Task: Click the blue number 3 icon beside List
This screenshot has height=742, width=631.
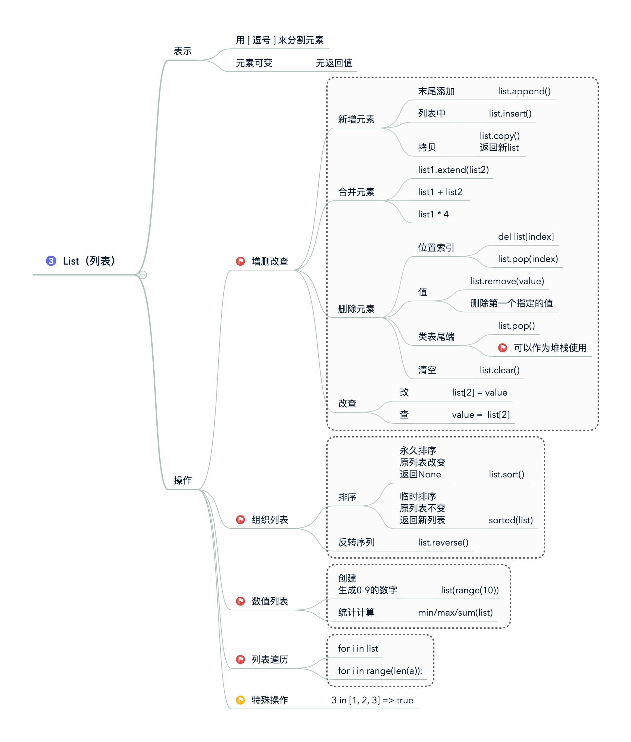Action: tap(51, 261)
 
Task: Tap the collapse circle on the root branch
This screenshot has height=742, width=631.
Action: tap(143, 275)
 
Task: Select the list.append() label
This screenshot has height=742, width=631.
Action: tap(524, 91)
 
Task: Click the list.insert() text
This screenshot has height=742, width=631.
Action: tap(510, 113)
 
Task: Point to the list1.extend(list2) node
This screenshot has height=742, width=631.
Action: tap(453, 170)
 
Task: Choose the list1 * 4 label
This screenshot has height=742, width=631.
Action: tap(433, 214)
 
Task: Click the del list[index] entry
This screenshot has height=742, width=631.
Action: tap(526, 236)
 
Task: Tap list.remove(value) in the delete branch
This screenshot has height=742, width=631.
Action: tap(507, 281)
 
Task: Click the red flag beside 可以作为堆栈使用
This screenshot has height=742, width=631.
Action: tap(502, 347)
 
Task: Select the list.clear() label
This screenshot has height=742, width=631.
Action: tap(499, 370)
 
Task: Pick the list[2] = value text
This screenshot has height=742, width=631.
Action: tap(479, 392)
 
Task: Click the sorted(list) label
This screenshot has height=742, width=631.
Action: tap(510, 520)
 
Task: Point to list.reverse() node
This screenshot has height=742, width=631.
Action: tap(443, 542)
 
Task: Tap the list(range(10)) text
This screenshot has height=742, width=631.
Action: tap(470, 590)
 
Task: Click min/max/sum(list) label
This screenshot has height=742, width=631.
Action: tap(455, 612)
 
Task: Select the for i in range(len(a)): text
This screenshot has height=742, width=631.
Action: tap(380, 671)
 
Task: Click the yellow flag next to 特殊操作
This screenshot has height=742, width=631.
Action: tap(240, 700)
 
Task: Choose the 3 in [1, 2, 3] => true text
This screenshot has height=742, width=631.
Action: tap(372, 700)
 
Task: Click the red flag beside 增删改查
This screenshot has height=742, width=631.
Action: tap(240, 261)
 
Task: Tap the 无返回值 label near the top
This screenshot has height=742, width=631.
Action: tap(334, 63)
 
